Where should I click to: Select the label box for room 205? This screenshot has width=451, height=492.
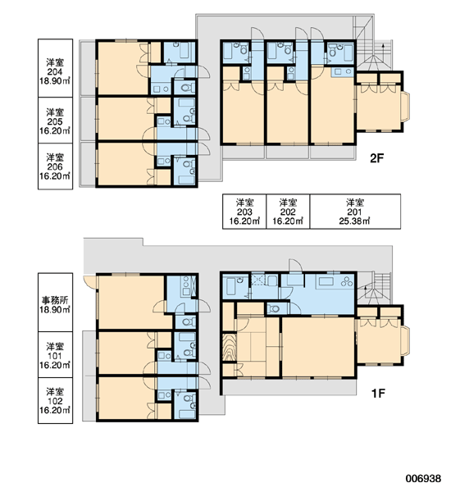pos(55,121)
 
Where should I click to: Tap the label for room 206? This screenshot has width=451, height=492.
pos(55,166)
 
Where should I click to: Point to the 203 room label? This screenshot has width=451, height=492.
pos(244,212)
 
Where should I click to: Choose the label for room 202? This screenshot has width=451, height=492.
pos(288,212)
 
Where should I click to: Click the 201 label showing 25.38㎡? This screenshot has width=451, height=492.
pos(355,212)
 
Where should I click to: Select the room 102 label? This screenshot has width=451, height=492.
pos(55,401)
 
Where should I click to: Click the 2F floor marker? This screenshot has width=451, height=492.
pos(377,158)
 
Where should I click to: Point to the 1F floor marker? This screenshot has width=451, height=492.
pos(378,393)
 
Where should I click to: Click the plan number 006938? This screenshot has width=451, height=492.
pos(423,478)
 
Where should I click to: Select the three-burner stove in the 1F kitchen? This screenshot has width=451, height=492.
pos(347,280)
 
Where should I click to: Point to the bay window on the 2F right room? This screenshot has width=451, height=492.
pos(406,107)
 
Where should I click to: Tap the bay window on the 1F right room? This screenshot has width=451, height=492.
pos(406,340)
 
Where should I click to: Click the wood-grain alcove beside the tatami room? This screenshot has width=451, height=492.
pos(229,348)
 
